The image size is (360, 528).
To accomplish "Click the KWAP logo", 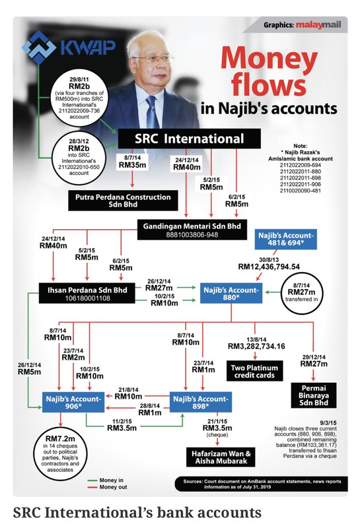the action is pos(69,48).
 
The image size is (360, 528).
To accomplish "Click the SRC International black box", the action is pos(189,139).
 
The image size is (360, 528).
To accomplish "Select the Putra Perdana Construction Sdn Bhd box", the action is pos(123,201).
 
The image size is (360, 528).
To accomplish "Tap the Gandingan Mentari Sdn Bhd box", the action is pos(192,230).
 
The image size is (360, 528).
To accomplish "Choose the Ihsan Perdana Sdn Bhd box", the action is pos(87,293).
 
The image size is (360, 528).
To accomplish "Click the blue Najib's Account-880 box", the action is pos(231,293).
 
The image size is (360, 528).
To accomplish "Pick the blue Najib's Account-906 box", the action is pos(73,402).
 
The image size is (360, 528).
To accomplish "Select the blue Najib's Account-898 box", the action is pos(201,402).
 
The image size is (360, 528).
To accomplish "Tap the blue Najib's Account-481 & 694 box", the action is pos(286,239).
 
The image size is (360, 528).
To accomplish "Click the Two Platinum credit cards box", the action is pos(254,371).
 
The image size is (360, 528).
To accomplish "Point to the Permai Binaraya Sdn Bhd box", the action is pos(314,395).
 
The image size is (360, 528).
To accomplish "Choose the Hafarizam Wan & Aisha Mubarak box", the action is pos(221,457).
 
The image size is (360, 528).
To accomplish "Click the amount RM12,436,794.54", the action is pos(269,267).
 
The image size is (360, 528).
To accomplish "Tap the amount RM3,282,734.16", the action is pos(256,346).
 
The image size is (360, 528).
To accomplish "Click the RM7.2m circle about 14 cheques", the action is pos(60,453).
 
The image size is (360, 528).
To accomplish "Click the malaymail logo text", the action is pos(319,25).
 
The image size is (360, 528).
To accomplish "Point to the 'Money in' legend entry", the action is pos(106,480).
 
